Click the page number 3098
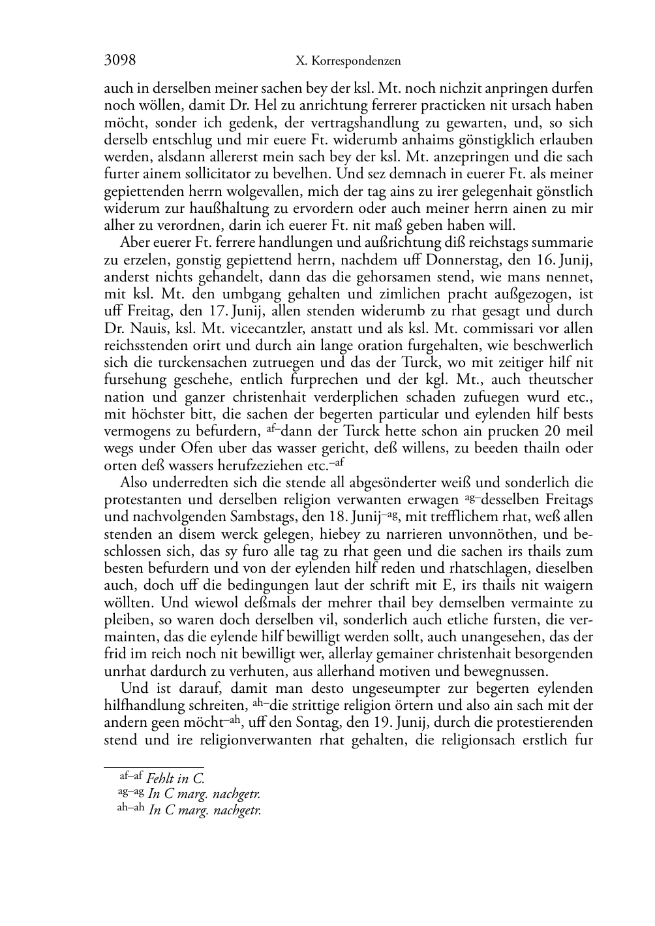coord(120,61)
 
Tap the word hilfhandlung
coord(144,706)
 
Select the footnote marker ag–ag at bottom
coord(130,793)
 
